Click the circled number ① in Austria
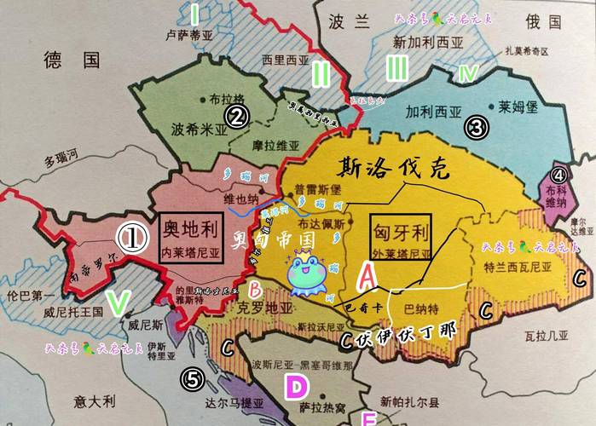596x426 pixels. [130, 239]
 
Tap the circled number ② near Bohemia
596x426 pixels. [236, 115]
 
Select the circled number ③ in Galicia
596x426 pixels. [475, 128]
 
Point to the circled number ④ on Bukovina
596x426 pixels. [558, 176]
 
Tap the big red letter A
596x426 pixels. [366, 274]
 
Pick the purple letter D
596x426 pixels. [295, 388]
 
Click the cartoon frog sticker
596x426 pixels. [305, 274]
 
